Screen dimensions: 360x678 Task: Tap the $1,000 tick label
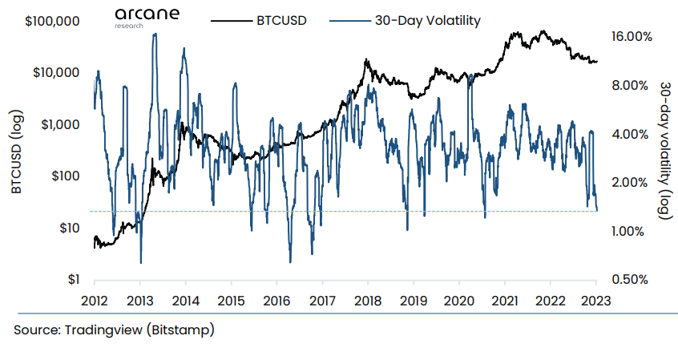tap(55, 124)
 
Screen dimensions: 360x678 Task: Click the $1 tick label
tap(71, 280)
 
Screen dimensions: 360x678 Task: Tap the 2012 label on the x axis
tap(95, 301)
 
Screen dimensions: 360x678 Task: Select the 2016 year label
tap(276, 301)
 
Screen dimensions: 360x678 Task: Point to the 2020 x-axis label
tap(459, 301)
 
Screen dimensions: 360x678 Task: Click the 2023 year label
tap(595, 301)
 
